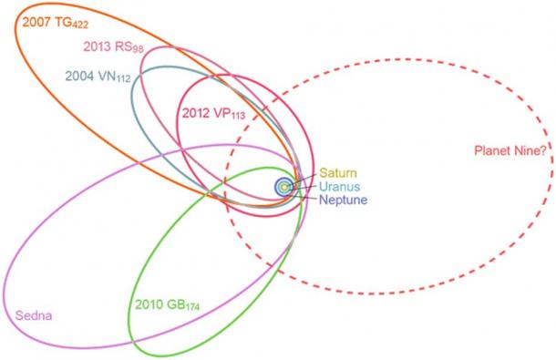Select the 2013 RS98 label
(110, 47)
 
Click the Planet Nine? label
(510, 151)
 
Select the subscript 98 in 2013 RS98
(143, 51)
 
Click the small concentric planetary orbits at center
(285, 186)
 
